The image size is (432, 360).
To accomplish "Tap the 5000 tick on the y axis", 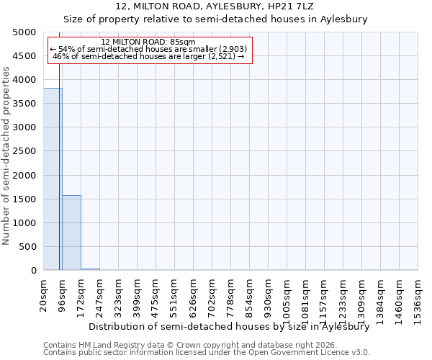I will [x=26, y=32].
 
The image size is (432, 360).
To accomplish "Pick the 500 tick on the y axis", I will [x=29, y=247].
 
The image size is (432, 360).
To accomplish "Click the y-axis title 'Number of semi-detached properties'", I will [x=7, y=156].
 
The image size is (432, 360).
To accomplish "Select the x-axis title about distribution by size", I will [x=233, y=326].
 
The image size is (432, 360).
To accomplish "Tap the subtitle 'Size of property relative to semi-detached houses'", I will [x=216, y=19].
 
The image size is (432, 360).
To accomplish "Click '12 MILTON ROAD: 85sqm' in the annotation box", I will [x=148, y=42].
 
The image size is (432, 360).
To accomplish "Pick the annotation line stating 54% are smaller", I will [x=148, y=49].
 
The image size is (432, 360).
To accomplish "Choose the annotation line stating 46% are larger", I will [x=148, y=56].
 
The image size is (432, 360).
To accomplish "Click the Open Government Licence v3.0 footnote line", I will [x=207, y=353].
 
